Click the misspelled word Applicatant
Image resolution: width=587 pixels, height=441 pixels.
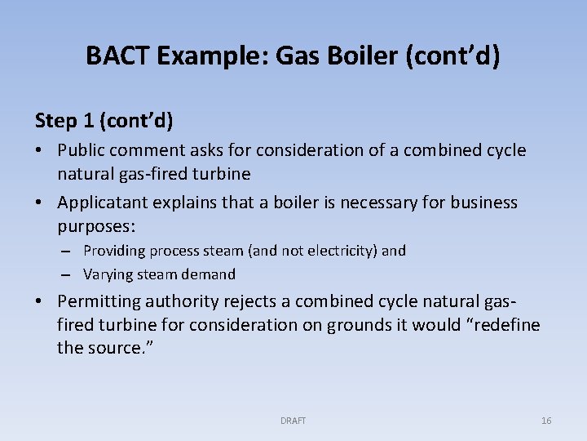[101, 202]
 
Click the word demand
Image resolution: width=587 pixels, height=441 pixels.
[209, 274]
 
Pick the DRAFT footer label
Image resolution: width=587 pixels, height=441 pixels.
[293, 421]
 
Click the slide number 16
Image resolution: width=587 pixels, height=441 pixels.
[546, 421]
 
